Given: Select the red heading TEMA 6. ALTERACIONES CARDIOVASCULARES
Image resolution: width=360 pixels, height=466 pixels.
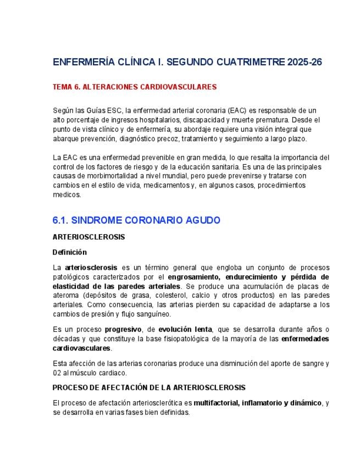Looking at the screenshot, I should click(135, 87).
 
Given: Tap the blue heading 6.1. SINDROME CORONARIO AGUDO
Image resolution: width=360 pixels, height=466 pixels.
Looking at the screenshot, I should click(136, 220).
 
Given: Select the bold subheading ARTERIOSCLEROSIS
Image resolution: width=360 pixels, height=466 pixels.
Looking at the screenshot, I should click(88, 237).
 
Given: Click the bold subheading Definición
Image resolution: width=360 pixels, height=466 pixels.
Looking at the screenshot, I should click(70, 252).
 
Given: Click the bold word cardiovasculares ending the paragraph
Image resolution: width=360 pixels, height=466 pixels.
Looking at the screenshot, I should click(81, 348).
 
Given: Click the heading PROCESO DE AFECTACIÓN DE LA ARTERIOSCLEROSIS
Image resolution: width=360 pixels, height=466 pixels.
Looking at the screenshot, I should click(149, 387).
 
